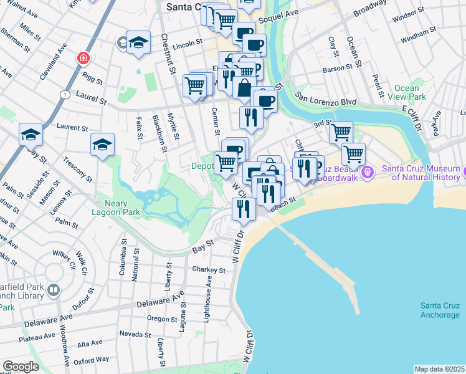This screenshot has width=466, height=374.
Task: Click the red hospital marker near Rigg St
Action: [82, 58]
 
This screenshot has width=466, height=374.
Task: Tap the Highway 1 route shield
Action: [64, 93]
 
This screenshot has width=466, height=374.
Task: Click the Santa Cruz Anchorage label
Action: [439, 310]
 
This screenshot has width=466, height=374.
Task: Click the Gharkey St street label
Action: [208, 270]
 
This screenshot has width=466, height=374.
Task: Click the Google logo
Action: [21, 367]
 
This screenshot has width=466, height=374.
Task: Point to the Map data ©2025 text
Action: [439, 369]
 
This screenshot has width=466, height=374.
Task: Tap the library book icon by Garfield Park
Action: [54, 290]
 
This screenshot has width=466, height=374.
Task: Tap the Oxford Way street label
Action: [92, 360]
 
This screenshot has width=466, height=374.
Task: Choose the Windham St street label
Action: [415, 39]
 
